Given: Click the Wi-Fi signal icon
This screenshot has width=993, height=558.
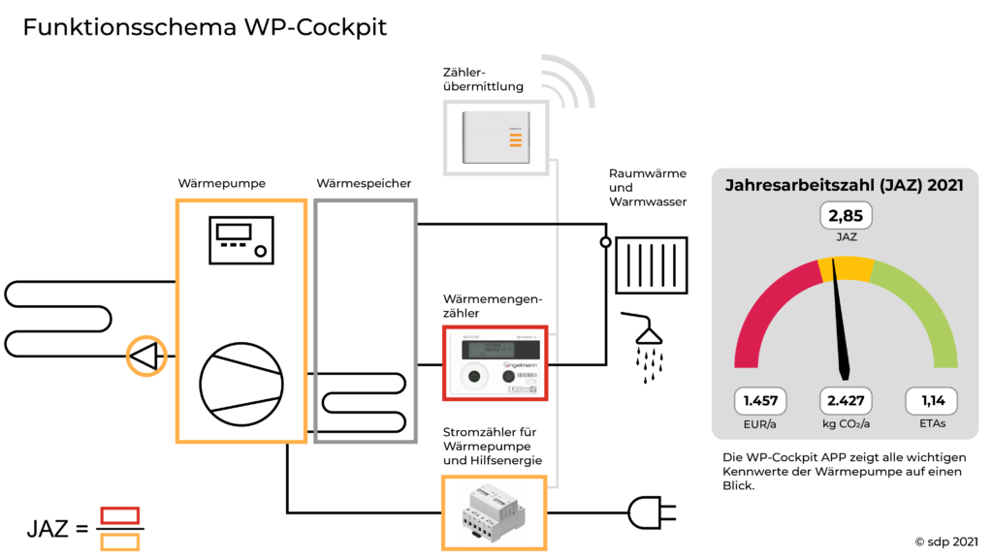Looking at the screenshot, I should pos(567,81).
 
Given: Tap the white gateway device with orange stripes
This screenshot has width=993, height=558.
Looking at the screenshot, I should pos(496,138).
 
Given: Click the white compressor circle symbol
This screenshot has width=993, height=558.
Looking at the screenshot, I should pos(240,385).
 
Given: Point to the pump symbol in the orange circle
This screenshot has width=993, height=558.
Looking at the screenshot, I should pos(146,356).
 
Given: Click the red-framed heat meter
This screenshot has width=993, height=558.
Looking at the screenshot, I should pos(495,363).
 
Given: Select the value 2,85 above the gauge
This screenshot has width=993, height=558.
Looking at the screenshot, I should pos(845,215).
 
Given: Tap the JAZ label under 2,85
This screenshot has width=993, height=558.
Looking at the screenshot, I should pos(845,235).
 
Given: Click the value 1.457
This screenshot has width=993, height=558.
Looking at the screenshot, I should pos(760,401).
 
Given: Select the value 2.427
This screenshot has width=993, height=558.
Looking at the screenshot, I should pos(845,401).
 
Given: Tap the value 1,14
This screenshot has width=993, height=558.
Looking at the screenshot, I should pos(931,401).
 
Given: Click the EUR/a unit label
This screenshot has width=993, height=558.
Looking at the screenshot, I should pos(760,423).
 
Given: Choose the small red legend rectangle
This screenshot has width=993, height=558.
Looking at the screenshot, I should pos(120,515).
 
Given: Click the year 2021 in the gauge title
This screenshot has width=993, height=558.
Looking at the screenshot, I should pos(945,185).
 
